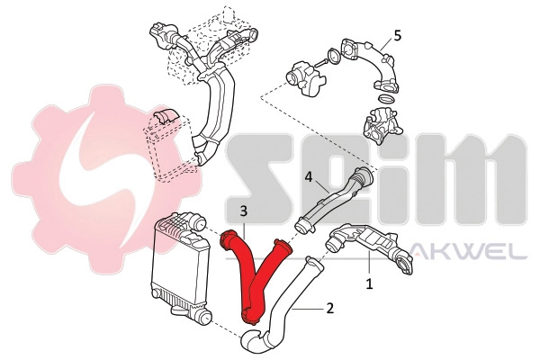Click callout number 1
click(369, 283)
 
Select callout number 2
click(330, 309)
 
